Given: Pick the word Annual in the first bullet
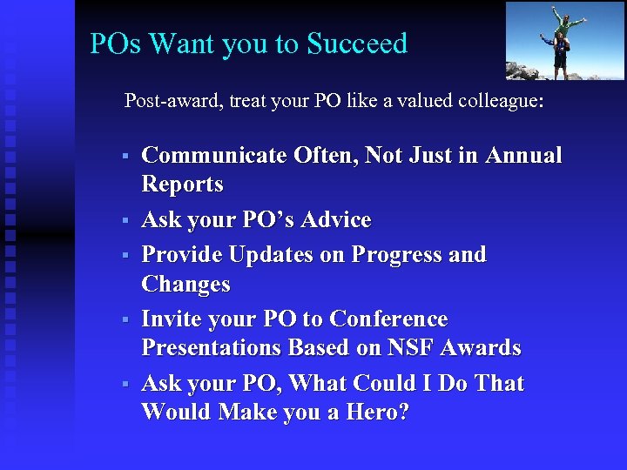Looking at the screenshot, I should [x=523, y=156].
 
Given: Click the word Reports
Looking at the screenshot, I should [x=182, y=185].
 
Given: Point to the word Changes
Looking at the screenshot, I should [x=185, y=285].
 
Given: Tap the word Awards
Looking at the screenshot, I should [x=481, y=348].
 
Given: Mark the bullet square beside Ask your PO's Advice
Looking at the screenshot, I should [x=125, y=221].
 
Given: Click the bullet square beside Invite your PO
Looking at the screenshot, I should [x=125, y=320].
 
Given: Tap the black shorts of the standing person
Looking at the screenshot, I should [x=561, y=60].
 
